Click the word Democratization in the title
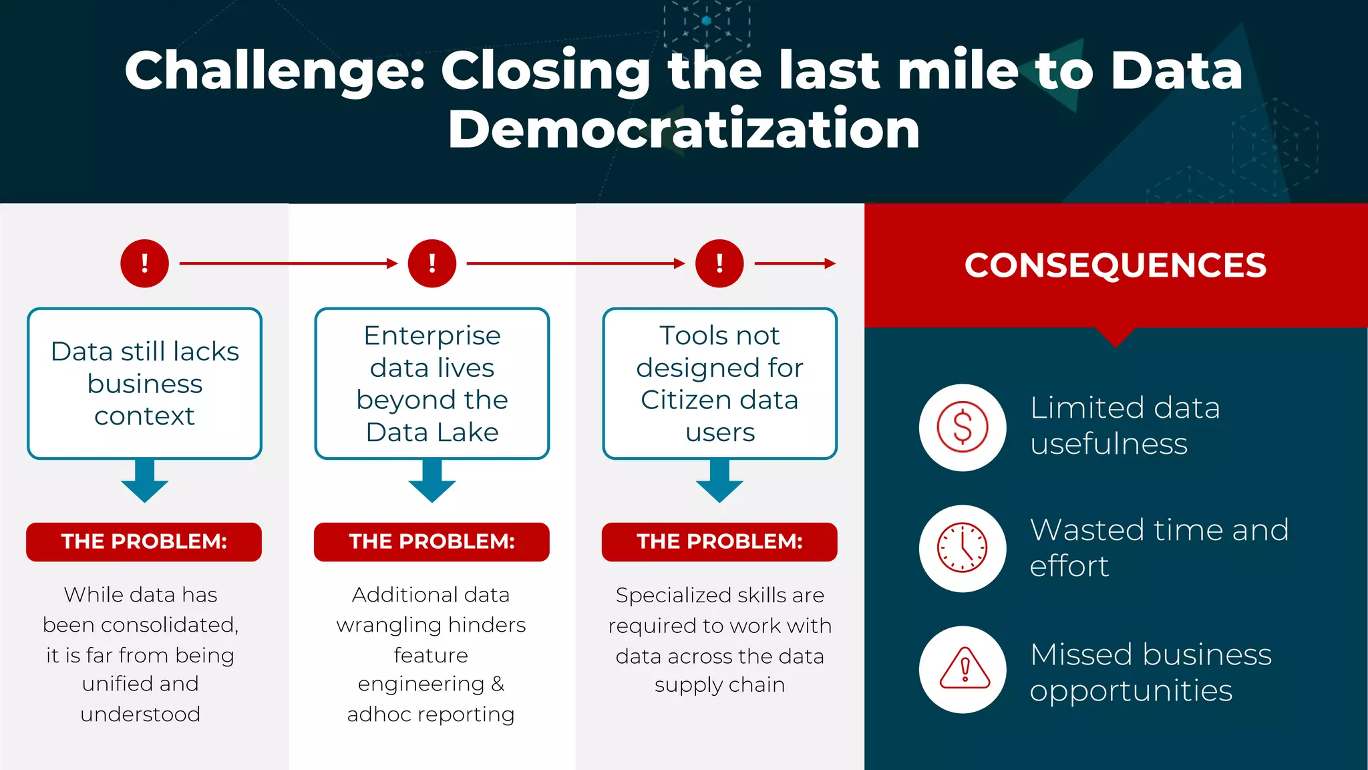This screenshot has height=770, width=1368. tap(683, 129)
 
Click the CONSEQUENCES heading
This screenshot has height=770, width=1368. tap(1115, 265)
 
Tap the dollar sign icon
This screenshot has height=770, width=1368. tap(962, 427)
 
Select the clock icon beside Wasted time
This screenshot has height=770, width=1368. tap(962, 548)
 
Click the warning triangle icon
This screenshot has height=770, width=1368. tap(964, 669)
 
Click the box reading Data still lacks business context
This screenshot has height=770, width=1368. tap(144, 384)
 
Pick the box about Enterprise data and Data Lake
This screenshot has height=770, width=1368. tap(432, 384)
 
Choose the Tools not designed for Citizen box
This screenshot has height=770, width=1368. tap(719, 384)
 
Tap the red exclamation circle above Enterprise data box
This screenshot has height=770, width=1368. tap(432, 263)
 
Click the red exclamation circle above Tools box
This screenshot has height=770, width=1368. tap(719, 263)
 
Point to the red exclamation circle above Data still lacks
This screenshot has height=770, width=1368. tap(144, 263)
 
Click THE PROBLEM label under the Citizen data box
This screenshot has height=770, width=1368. tap(719, 541)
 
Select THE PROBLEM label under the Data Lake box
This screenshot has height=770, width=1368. tap(432, 541)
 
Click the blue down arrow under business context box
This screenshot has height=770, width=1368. tap(144, 483)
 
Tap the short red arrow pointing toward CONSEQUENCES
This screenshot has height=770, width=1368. tap(795, 263)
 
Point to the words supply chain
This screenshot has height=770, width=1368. tap(719, 685)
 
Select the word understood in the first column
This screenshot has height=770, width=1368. tap(140, 714)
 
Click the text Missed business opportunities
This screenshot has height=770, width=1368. tap(1150, 672)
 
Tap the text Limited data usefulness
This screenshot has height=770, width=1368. tap(1125, 426)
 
